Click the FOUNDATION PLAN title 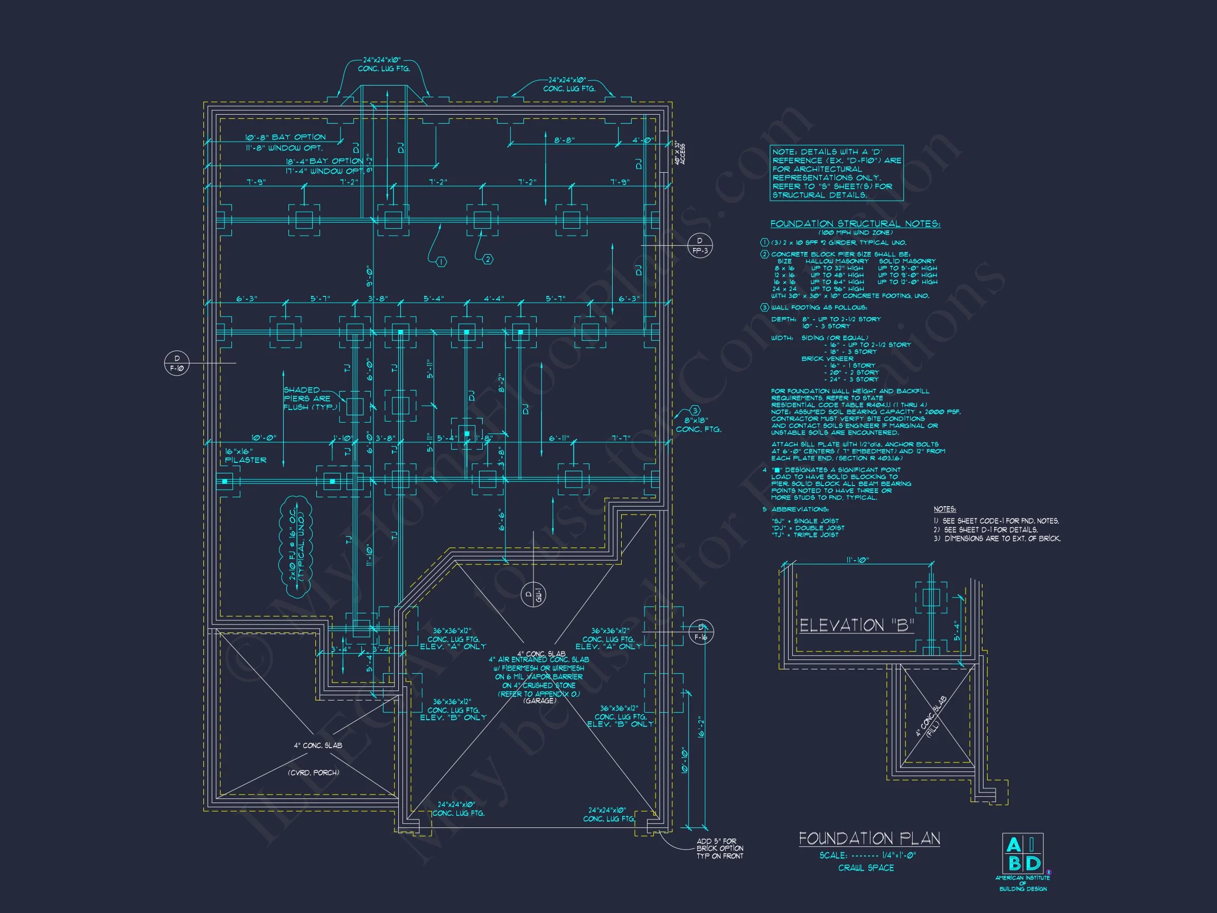click(x=869, y=838)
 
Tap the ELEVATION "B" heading click(x=856, y=626)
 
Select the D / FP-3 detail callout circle click(x=700, y=246)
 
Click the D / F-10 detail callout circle click(x=176, y=364)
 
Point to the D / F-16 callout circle click(x=700, y=632)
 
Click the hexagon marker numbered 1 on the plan click(x=441, y=262)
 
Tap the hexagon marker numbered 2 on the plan click(x=488, y=259)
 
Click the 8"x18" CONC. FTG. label click(x=698, y=424)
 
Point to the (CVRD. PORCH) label click(x=313, y=772)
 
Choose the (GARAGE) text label click(x=539, y=701)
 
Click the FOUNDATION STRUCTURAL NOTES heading click(x=855, y=224)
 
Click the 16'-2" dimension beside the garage click(x=701, y=726)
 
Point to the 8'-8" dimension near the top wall click(x=564, y=141)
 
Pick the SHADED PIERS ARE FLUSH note click(x=307, y=398)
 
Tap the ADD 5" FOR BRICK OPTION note click(x=719, y=848)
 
